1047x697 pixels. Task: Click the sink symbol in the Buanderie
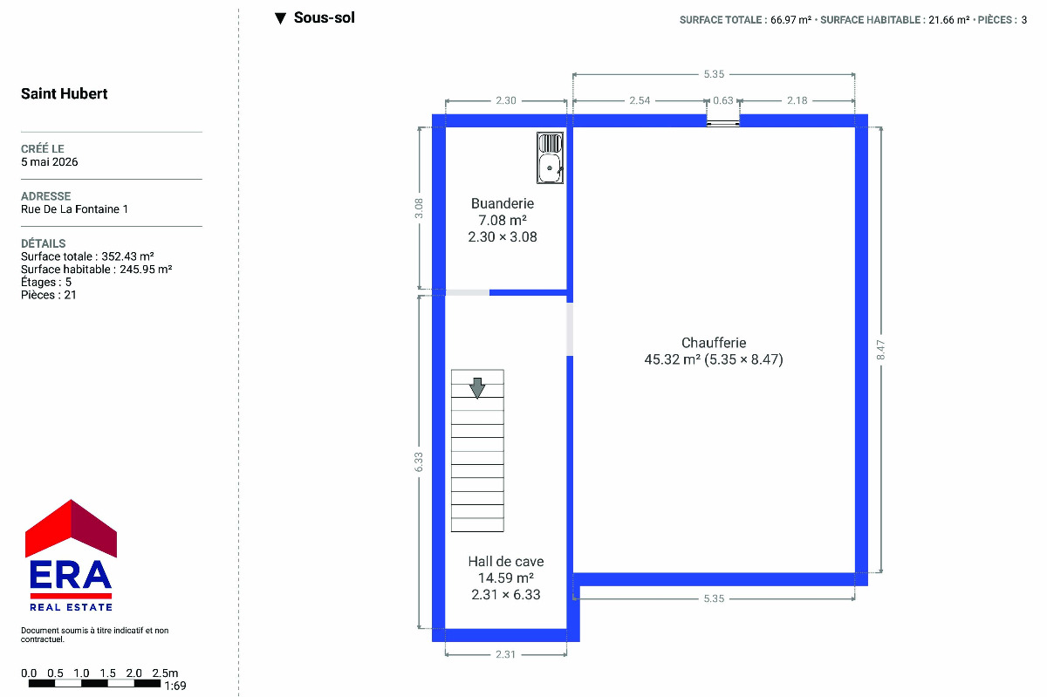pos(550,158)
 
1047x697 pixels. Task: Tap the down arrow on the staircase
pos(476,388)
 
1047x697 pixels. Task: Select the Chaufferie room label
pos(714,343)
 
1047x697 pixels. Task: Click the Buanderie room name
pos(503,203)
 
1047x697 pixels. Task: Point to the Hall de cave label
pos(506,561)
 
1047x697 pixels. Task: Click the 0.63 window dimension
pos(723,100)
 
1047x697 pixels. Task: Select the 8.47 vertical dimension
pos(880,350)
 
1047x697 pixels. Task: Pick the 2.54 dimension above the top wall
pos(640,100)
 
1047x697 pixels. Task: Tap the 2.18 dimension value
pos(797,100)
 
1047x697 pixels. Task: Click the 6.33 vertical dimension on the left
pos(419,461)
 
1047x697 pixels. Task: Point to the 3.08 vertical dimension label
pos(419,208)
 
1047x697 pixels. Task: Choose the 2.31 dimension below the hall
pos(505,654)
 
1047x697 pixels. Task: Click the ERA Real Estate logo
pos(71,556)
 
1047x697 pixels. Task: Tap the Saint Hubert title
pos(64,93)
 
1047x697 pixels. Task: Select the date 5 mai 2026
pos(49,161)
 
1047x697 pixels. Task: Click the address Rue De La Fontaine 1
pos(74,209)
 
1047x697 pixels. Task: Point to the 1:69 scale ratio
pos(175,686)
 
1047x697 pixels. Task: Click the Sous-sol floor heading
pos(324,17)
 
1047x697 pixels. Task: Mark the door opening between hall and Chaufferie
pos(570,329)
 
